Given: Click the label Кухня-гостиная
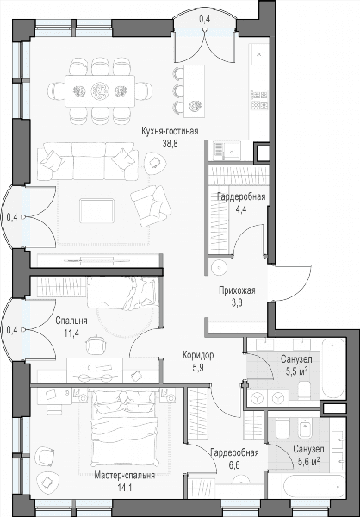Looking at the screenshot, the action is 170,131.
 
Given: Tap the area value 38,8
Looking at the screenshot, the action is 171,144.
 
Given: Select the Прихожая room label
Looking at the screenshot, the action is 237,290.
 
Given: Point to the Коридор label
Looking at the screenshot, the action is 198,355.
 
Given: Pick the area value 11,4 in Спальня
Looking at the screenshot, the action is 71,333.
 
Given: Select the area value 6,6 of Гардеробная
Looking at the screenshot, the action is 233,465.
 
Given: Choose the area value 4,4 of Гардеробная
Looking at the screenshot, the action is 241,209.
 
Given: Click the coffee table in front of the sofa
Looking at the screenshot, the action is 97,210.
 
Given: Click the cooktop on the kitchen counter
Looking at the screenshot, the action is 259,100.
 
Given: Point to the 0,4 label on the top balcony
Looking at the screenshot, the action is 205,20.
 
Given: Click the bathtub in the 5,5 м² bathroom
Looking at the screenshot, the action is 333,369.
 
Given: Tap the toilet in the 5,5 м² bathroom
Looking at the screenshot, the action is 304,389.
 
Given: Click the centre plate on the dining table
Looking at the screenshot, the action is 100,90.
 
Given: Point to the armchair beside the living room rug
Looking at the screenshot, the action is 151,206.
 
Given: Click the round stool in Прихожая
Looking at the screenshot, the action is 219,267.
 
